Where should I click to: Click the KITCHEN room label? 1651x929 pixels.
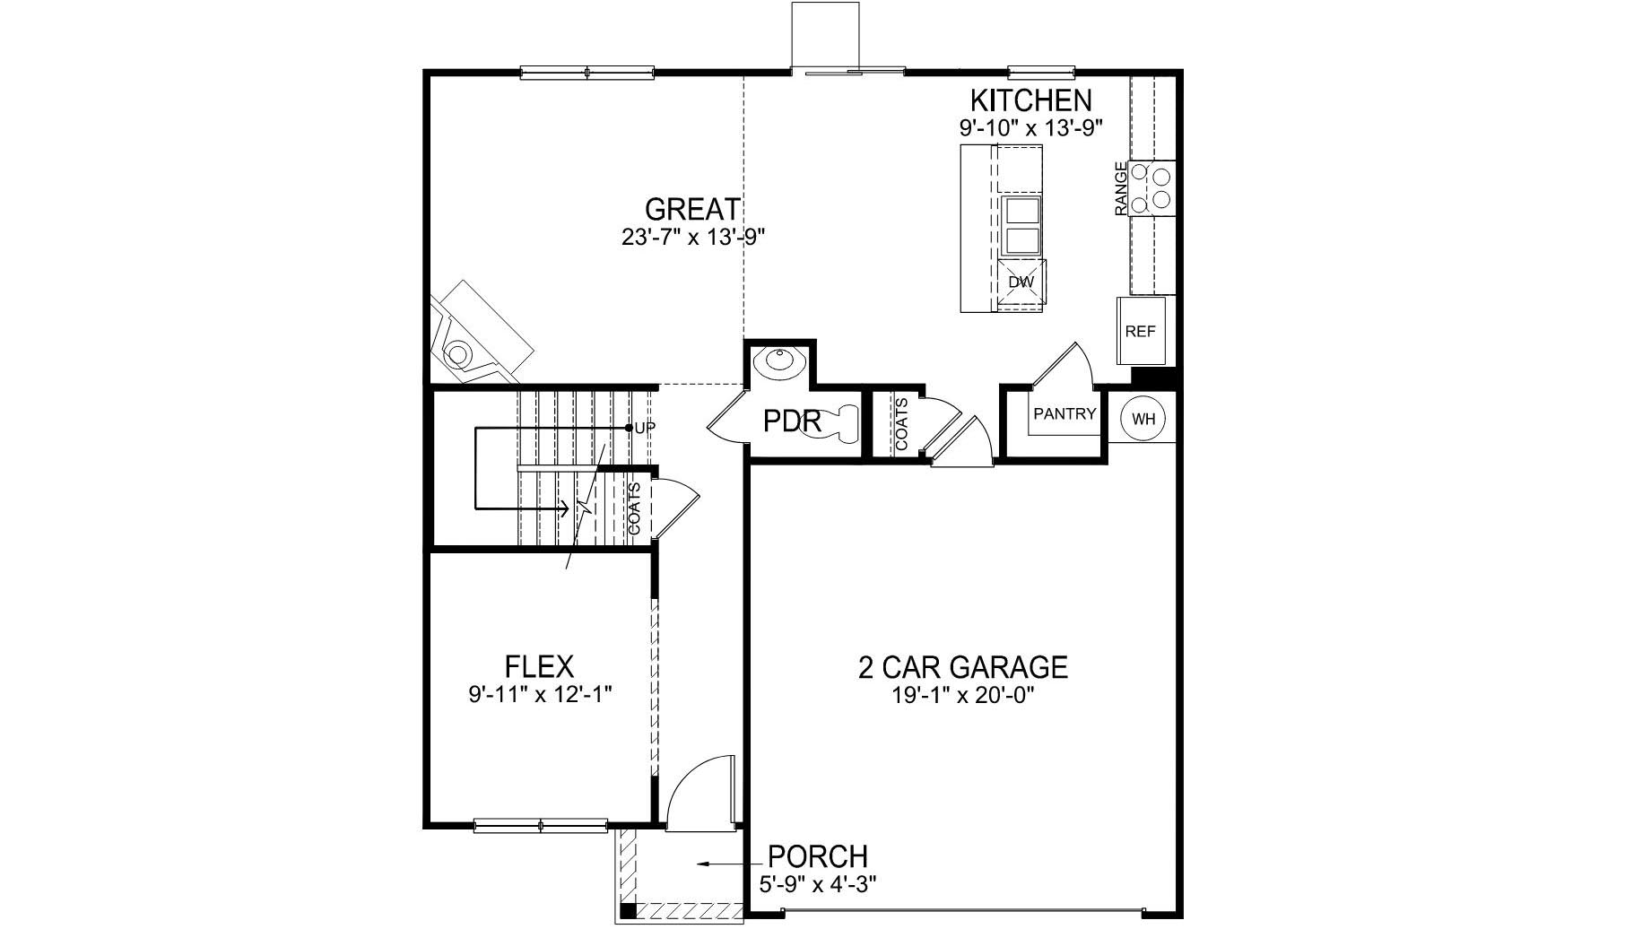point(1030,100)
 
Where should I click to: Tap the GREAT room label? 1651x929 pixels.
point(692,210)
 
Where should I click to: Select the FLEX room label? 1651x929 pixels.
point(539,667)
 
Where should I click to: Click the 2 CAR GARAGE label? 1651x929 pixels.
point(962,668)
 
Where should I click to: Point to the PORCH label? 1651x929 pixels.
point(818,856)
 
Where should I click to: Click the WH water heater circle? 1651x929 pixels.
point(1143,419)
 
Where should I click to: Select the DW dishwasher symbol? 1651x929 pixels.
point(1021,282)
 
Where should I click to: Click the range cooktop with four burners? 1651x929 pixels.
point(1151,187)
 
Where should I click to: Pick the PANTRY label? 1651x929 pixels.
point(1064,414)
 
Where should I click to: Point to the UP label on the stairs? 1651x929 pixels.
point(645,428)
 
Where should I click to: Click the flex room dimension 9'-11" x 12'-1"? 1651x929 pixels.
point(539,694)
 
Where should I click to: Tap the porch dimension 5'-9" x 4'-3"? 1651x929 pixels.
point(817,883)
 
